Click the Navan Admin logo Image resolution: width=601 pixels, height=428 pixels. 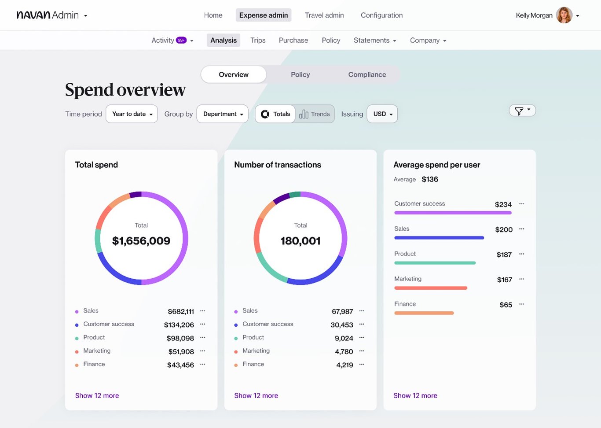point(48,15)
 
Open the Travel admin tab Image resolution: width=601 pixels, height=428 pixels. point(324,15)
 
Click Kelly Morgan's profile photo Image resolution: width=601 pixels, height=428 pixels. point(564,15)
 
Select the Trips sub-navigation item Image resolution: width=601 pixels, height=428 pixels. point(258,41)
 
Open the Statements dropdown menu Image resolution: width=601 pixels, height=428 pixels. point(375,41)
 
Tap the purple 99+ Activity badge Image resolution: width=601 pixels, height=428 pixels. point(181,40)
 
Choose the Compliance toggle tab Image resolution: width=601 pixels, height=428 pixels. point(367,75)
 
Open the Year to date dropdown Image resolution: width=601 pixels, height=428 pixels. point(132,114)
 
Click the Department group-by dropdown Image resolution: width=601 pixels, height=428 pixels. point(223,114)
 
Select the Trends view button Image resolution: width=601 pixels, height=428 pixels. point(315,114)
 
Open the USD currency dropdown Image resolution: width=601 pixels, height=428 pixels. point(382,114)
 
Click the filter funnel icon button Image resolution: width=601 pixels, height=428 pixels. point(522,111)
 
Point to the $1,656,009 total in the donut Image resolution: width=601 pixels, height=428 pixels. point(141,241)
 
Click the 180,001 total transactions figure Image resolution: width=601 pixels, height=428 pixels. point(300,241)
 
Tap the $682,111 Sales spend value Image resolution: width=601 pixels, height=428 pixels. point(181,312)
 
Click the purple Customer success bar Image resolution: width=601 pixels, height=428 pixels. point(453,213)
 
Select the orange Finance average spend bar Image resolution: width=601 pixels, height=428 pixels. point(424,313)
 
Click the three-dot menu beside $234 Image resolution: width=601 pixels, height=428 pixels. point(522,204)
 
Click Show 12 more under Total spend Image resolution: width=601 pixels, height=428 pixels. point(97,396)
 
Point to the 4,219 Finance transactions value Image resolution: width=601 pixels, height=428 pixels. point(344,365)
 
